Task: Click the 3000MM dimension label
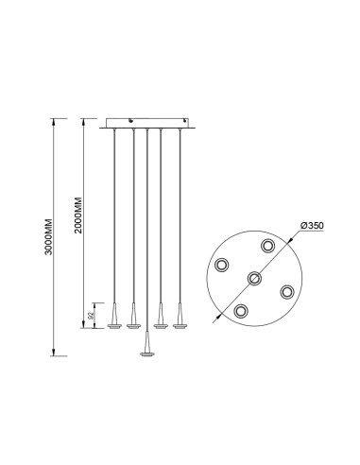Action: coord(48,236)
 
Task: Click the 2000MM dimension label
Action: coord(78,215)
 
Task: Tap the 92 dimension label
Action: coord(91,316)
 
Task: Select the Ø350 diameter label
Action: coord(312,226)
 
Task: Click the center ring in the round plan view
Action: coord(254,278)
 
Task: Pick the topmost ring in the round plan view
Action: coord(267,246)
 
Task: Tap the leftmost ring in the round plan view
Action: coord(221,265)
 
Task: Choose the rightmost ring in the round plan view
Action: coord(287,292)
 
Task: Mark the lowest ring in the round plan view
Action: coord(241,311)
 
